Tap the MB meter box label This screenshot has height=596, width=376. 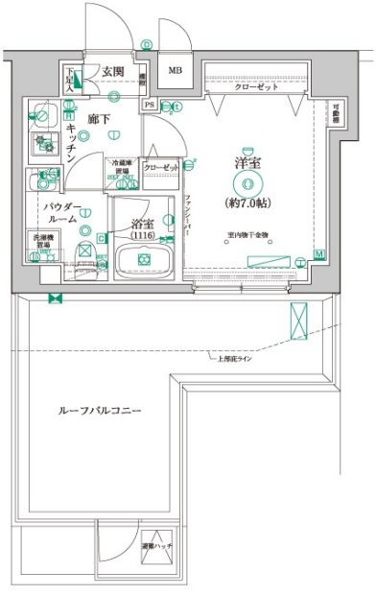175,71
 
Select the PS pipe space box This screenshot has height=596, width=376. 149,104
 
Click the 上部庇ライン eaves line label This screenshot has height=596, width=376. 232,359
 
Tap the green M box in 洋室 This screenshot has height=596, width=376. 318,254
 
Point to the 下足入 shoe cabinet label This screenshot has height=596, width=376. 69,78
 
